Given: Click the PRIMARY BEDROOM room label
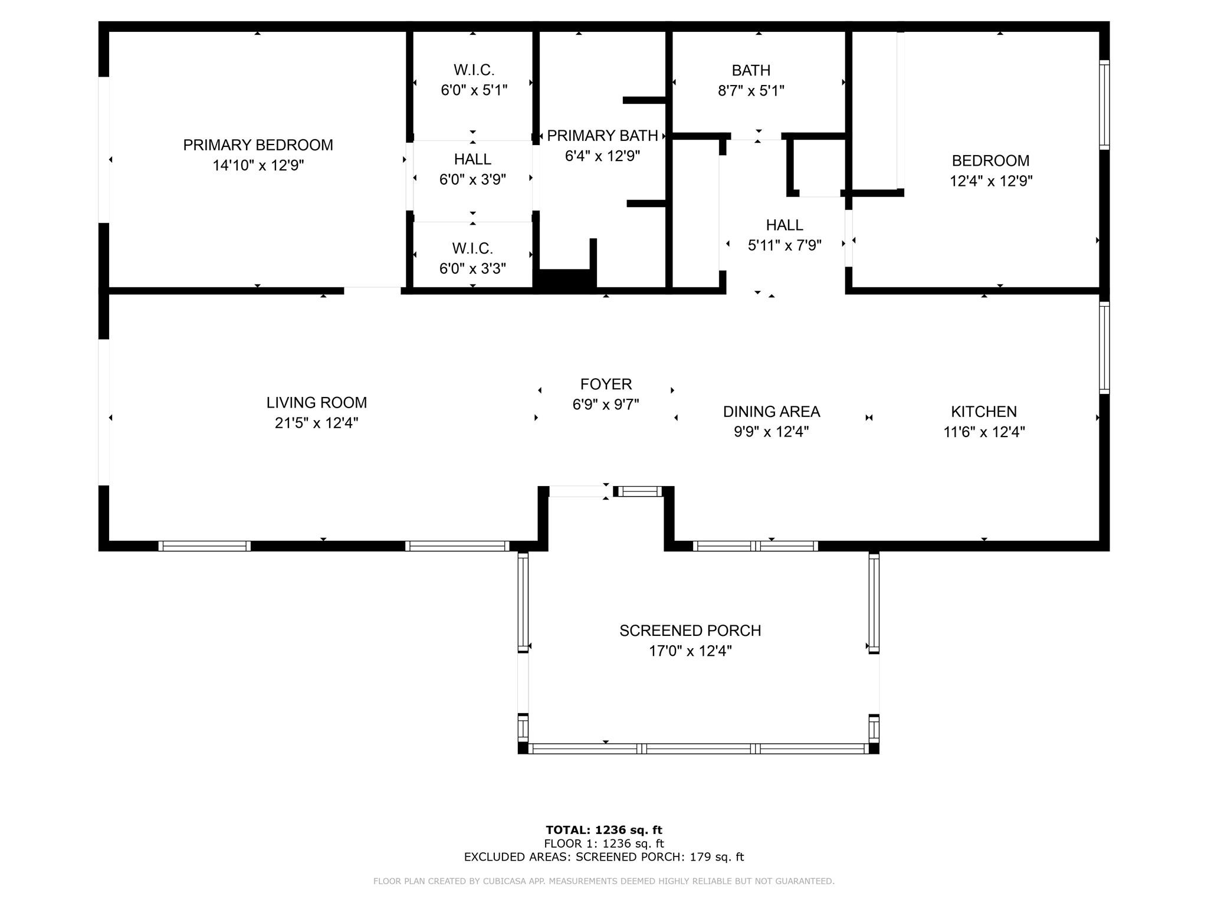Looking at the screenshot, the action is [258, 145].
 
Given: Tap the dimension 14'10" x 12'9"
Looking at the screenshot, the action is [258, 165].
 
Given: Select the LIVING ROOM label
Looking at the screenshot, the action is [317, 403].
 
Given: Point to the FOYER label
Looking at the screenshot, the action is [606, 385].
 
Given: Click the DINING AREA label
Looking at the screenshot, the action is [772, 412].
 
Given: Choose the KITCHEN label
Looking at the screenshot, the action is [984, 412].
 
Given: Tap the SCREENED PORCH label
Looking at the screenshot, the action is [690, 631].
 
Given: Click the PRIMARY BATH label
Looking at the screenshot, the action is [602, 136].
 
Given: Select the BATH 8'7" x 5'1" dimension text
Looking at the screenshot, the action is [751, 91].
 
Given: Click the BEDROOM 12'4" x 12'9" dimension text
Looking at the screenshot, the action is [991, 181].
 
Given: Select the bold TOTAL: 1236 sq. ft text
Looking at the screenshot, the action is [604, 830].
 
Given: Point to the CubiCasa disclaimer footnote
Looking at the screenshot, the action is [604, 881].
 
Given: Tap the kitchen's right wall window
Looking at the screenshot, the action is [1104, 347].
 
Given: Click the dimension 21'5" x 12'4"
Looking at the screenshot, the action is [317, 423].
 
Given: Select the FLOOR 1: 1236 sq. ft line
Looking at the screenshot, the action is [604, 843].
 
